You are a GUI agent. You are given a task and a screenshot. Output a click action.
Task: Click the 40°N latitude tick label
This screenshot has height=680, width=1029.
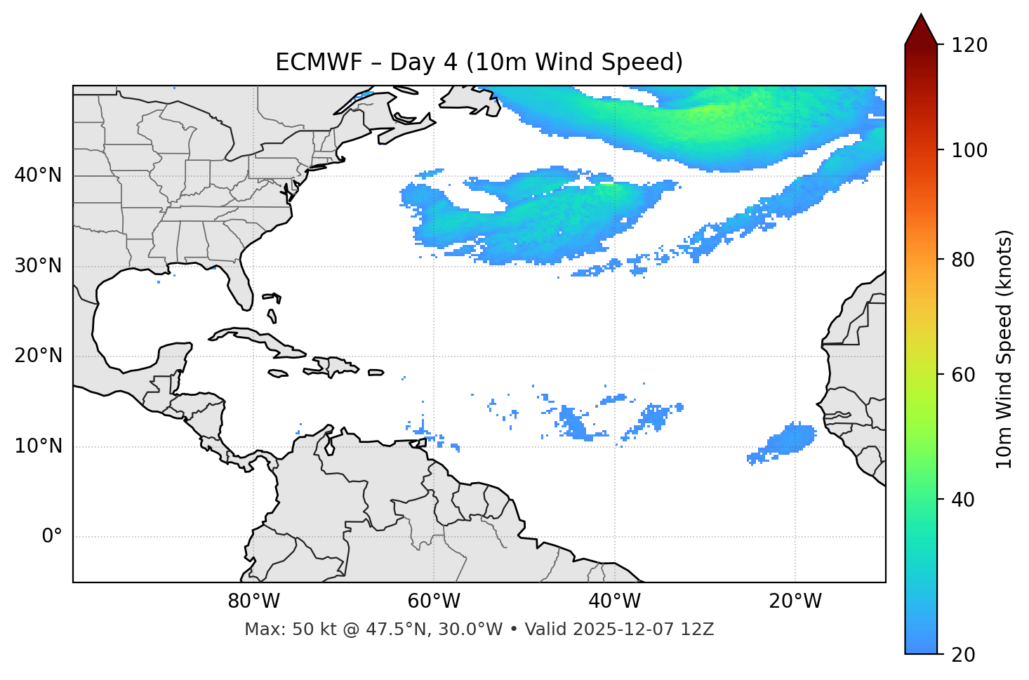tap(38, 175)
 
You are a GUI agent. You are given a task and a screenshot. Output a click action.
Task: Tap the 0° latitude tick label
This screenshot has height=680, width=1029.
tap(52, 537)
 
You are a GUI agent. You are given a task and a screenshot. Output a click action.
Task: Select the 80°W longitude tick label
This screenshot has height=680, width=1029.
tap(253, 601)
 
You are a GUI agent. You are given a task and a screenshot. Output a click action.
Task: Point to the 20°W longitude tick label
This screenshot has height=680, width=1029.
tap(795, 601)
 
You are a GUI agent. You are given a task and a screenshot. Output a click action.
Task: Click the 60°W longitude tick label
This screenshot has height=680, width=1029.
tap(433, 601)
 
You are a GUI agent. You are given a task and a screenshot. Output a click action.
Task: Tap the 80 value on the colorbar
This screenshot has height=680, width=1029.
tap(966, 260)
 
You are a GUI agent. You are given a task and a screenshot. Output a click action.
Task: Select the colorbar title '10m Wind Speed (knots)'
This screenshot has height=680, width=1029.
tap(1004, 349)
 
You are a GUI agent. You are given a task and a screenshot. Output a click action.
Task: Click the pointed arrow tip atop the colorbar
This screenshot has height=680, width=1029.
tap(921, 17)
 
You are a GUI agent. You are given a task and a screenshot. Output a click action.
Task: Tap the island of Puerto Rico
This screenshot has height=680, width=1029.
tap(376, 373)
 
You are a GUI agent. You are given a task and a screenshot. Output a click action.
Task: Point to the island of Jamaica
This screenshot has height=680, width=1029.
tap(278, 373)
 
